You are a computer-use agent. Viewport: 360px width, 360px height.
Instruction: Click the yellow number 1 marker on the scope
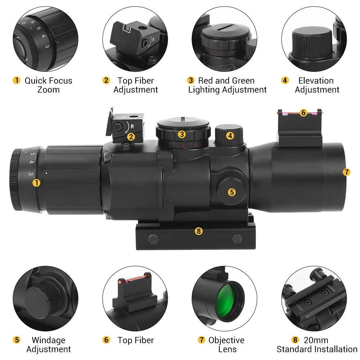36,183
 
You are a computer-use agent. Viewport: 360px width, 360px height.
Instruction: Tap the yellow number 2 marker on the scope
131,137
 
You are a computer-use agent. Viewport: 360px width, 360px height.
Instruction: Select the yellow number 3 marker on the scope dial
182,134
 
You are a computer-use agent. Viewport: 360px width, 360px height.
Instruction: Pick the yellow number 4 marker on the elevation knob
230,136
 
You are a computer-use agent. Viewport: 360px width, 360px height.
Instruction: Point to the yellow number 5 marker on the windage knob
232,192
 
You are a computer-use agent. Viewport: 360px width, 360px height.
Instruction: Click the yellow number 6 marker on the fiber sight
303,113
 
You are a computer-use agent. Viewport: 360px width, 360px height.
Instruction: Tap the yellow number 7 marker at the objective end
347,172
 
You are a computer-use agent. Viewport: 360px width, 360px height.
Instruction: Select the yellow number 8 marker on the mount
199,231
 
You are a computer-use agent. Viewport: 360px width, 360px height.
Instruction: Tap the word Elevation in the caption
316,81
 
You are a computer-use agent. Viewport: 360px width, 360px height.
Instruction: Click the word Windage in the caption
49,340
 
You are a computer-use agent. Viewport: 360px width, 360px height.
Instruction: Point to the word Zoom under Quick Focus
49,90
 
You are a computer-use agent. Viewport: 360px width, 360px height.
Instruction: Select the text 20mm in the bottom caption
316,340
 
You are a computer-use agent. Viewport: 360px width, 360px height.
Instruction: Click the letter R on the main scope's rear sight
132,126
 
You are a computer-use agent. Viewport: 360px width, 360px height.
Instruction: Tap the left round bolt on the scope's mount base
153,239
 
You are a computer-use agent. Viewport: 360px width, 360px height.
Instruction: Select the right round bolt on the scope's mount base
237,239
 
